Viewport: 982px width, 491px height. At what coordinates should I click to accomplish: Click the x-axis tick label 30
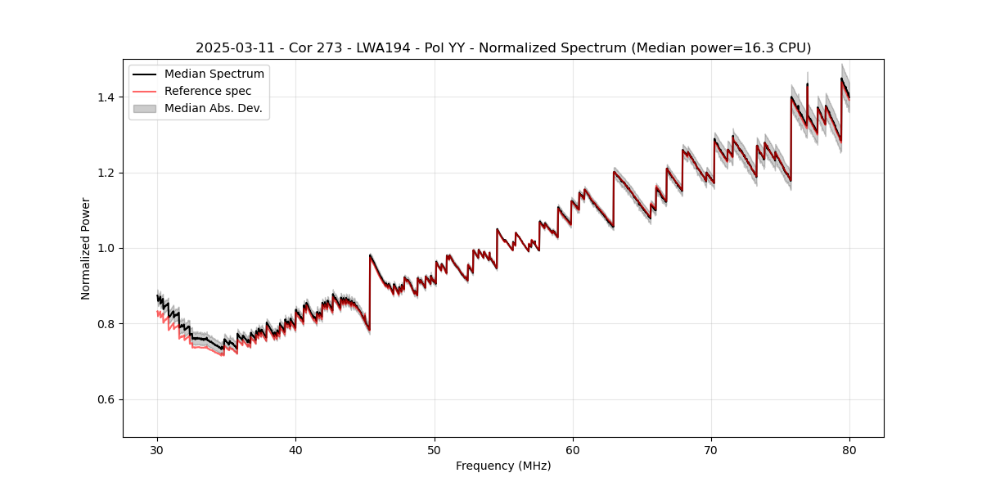click(157, 450)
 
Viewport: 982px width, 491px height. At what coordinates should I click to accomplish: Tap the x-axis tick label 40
click(295, 450)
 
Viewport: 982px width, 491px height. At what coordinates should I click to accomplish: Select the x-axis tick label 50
click(435, 450)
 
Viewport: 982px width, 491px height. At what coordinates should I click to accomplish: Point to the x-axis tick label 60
click(573, 450)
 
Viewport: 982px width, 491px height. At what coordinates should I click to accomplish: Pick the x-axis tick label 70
click(711, 450)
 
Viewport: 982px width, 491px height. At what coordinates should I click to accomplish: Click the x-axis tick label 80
click(849, 450)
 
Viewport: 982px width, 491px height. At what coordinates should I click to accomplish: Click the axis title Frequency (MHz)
click(503, 466)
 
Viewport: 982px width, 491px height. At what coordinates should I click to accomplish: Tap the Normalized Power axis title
click(86, 248)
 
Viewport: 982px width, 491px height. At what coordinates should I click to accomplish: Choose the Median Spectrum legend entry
click(214, 74)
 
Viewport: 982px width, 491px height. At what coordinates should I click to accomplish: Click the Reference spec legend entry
click(208, 91)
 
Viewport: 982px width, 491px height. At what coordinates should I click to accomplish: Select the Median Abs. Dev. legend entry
click(214, 108)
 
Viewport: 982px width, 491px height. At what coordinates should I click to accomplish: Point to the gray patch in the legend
click(145, 108)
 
